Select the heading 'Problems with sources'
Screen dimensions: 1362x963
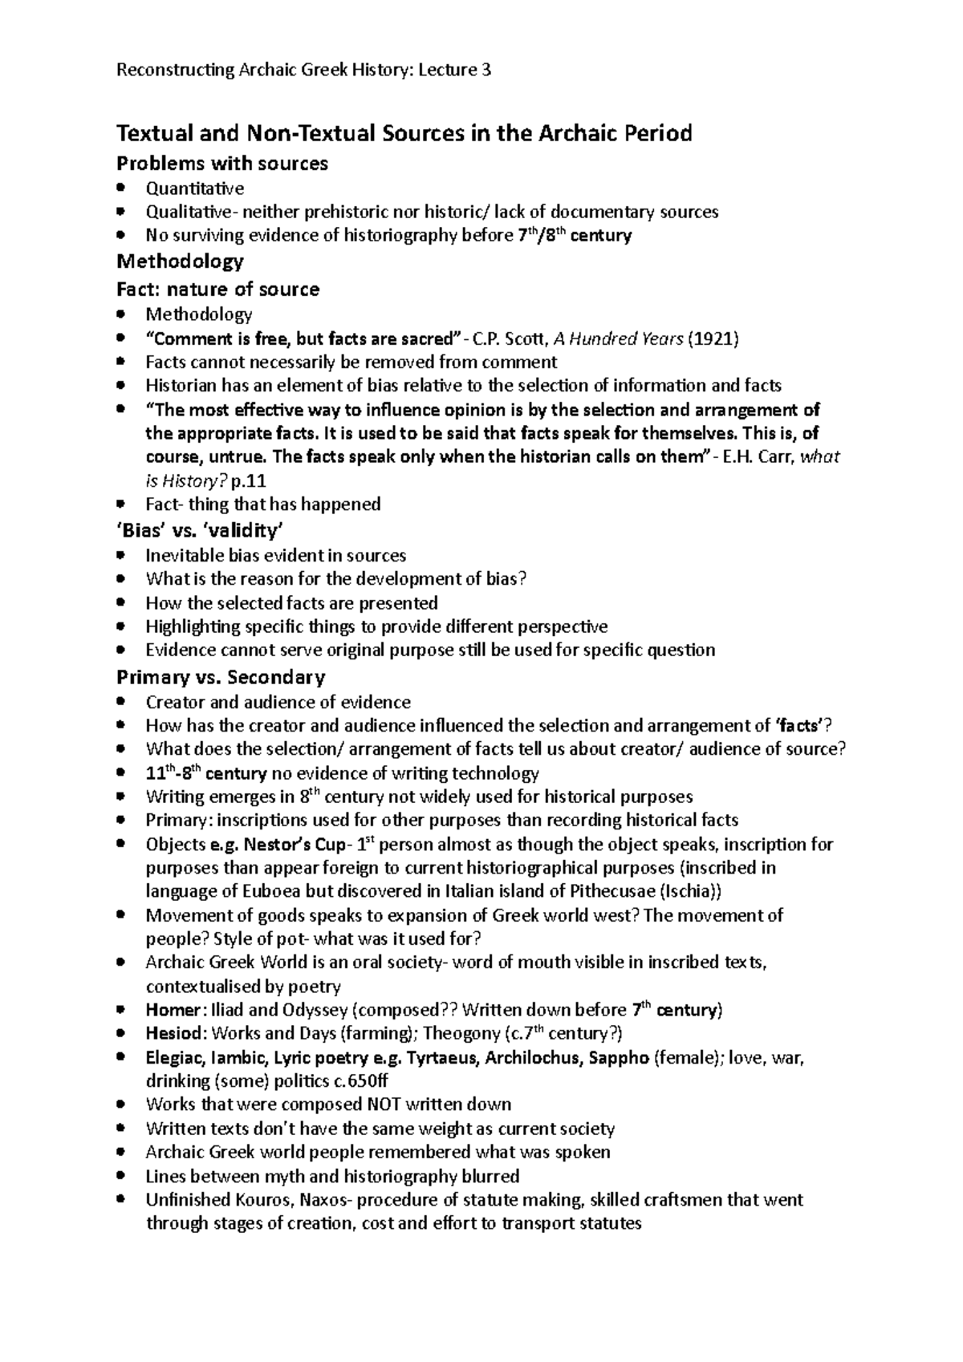(x=222, y=164)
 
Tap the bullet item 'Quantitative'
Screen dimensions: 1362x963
(x=195, y=188)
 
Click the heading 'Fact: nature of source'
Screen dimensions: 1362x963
(x=218, y=289)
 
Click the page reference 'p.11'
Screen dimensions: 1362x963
(x=248, y=481)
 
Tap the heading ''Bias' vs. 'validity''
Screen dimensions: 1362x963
(x=200, y=530)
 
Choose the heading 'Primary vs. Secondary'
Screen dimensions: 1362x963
(x=221, y=677)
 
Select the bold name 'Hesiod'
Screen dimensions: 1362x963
(x=173, y=1033)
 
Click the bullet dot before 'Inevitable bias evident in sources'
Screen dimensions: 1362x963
(x=121, y=555)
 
